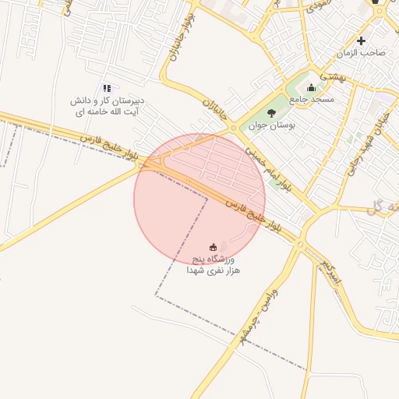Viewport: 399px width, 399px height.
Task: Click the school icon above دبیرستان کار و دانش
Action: click(107, 89)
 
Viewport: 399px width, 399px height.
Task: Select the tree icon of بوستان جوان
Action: click(271, 114)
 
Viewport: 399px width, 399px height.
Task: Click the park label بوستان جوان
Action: click(270, 125)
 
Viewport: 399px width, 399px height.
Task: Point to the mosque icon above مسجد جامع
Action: click(312, 87)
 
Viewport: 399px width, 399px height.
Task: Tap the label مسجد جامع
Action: click(312, 100)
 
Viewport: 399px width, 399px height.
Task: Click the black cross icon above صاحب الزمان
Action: click(361, 41)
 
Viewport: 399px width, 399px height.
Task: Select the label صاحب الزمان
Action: click(361, 52)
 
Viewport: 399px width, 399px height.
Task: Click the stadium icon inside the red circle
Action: click(214, 247)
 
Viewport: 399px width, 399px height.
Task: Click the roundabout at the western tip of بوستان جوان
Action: click(233, 127)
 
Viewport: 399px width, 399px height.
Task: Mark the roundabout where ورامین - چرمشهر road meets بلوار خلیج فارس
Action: click(300, 245)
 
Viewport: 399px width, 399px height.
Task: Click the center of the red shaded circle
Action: click(199, 199)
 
